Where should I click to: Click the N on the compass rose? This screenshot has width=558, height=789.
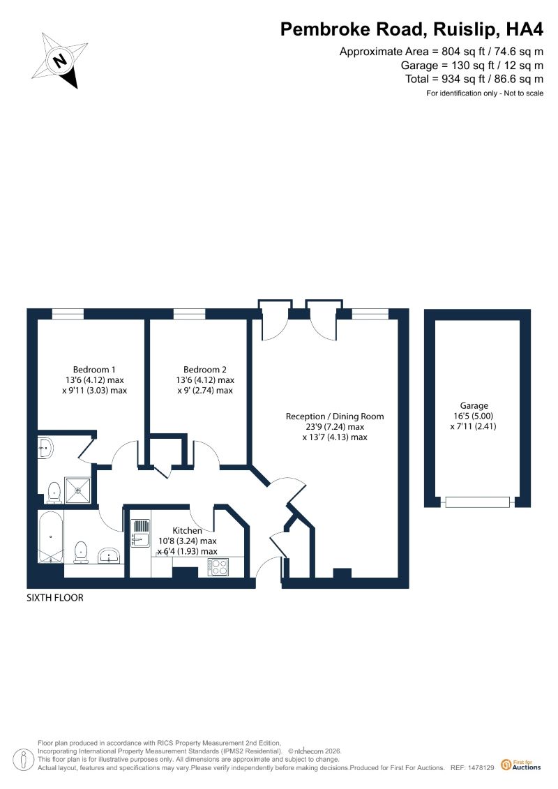[61, 61]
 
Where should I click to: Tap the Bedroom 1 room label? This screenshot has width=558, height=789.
[94, 369]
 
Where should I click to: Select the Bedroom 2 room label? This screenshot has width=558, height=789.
[205, 369]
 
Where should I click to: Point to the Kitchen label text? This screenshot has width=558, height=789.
[187, 530]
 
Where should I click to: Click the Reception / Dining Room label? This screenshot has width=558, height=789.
[335, 416]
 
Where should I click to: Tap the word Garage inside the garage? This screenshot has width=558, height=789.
[474, 405]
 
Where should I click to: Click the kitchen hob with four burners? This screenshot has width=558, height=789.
[218, 567]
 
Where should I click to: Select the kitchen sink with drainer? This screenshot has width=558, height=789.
[140, 533]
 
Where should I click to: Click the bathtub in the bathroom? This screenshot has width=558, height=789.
[51, 538]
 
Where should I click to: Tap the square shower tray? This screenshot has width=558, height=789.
[79, 490]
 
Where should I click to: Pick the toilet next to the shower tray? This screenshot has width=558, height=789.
[54, 493]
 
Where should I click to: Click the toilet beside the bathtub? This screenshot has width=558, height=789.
[81, 552]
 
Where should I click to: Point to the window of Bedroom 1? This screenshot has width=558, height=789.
[68, 314]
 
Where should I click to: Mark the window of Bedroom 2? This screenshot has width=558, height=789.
[189, 314]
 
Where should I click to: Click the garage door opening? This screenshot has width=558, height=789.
[477, 502]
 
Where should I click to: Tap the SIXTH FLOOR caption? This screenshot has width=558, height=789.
[55, 598]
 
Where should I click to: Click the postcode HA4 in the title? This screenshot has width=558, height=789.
[525, 29]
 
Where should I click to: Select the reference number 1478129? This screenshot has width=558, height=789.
[480, 768]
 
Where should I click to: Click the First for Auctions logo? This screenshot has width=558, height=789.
[521, 765]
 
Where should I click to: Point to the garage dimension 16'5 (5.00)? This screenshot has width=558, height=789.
[474, 416]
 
